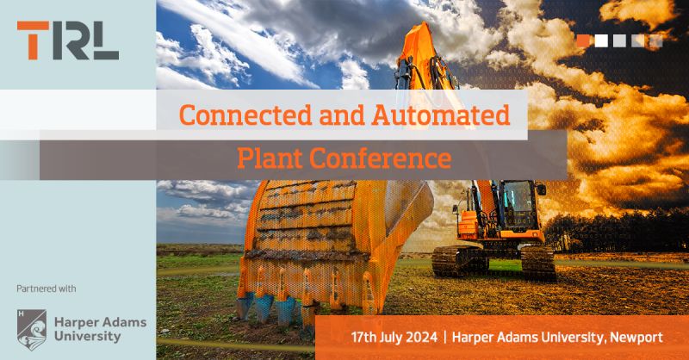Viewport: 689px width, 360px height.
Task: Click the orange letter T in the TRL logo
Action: tap(33, 40)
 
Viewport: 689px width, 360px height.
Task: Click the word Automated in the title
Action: tap(441, 115)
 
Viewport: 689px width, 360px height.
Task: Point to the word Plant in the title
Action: tap(270, 158)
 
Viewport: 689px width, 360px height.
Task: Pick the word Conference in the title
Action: tap(381, 158)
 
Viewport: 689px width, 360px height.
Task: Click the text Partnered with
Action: tap(47, 289)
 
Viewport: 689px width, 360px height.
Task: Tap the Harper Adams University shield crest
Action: tap(32, 330)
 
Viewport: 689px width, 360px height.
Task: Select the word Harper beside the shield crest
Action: tap(75, 323)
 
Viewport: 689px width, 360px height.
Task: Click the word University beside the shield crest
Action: tap(87, 337)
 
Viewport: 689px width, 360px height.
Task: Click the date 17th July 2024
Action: tap(394, 338)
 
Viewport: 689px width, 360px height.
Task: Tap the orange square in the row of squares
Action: tap(583, 40)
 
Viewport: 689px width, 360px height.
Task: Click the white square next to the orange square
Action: tap(601, 40)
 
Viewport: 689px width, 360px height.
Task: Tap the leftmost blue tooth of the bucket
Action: tap(245, 305)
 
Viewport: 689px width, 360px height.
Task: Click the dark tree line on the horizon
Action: tap(615, 231)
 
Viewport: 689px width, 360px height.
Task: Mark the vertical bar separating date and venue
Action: tap(445, 338)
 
